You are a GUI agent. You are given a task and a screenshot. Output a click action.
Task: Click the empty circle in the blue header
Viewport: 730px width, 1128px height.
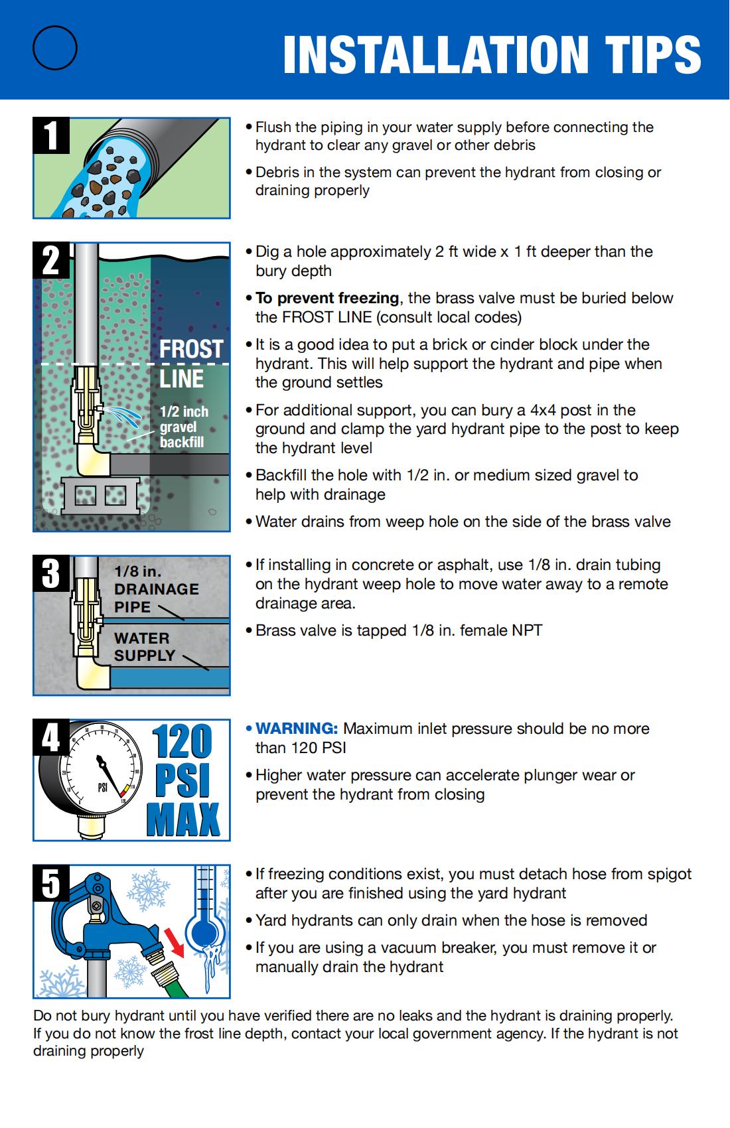(x=55, y=48)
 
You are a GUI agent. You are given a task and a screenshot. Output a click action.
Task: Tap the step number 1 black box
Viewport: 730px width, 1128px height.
(x=51, y=135)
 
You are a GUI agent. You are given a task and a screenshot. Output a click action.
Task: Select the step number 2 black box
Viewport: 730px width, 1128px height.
(x=51, y=260)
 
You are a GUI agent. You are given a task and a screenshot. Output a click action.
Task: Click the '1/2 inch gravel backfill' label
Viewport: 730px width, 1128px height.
(x=183, y=427)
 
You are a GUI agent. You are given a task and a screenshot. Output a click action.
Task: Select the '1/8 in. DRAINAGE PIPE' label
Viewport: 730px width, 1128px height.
(x=155, y=589)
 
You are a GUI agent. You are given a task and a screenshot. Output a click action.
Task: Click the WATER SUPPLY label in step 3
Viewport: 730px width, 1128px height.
(x=144, y=646)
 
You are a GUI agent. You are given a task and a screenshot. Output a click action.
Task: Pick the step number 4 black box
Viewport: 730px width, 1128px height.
(x=51, y=737)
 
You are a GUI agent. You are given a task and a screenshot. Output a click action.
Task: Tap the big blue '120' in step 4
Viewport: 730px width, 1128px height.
(x=182, y=742)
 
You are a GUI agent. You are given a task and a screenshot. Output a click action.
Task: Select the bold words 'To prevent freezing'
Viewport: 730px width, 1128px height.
(x=327, y=298)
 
